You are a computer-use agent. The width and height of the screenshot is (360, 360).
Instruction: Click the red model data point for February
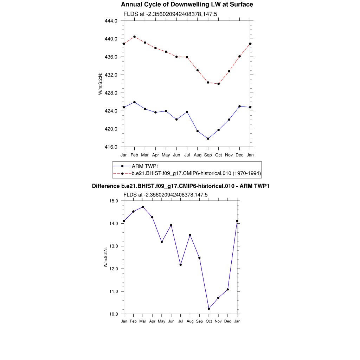pos(134,37)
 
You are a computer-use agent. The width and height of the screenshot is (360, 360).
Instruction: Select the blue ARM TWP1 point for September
pos(208,139)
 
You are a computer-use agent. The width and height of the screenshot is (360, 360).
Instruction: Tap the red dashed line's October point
pos(219,84)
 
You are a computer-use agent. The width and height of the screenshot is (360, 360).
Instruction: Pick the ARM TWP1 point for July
pos(187,112)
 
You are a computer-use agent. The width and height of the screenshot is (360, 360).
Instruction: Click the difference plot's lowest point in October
pos(209,309)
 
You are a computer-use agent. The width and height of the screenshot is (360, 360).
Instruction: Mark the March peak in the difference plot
pos(143,207)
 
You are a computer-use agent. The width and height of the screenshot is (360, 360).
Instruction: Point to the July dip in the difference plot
pos(181,264)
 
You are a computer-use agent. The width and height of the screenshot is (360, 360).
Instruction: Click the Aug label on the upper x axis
pos(198,155)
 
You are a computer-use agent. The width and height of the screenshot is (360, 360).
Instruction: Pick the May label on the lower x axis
pos(162,321)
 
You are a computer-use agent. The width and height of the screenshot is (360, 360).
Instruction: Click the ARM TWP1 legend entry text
pos(143,166)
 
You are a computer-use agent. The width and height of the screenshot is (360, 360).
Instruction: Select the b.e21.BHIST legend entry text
pos(196,173)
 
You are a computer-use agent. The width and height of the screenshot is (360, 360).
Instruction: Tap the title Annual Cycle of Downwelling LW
pos(187,5)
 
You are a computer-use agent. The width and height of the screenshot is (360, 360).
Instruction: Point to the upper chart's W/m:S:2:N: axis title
pos(101,84)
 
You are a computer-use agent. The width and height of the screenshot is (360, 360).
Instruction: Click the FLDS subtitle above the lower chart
pos(166,194)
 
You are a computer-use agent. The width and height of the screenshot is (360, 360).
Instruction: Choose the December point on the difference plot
pos(228,289)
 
